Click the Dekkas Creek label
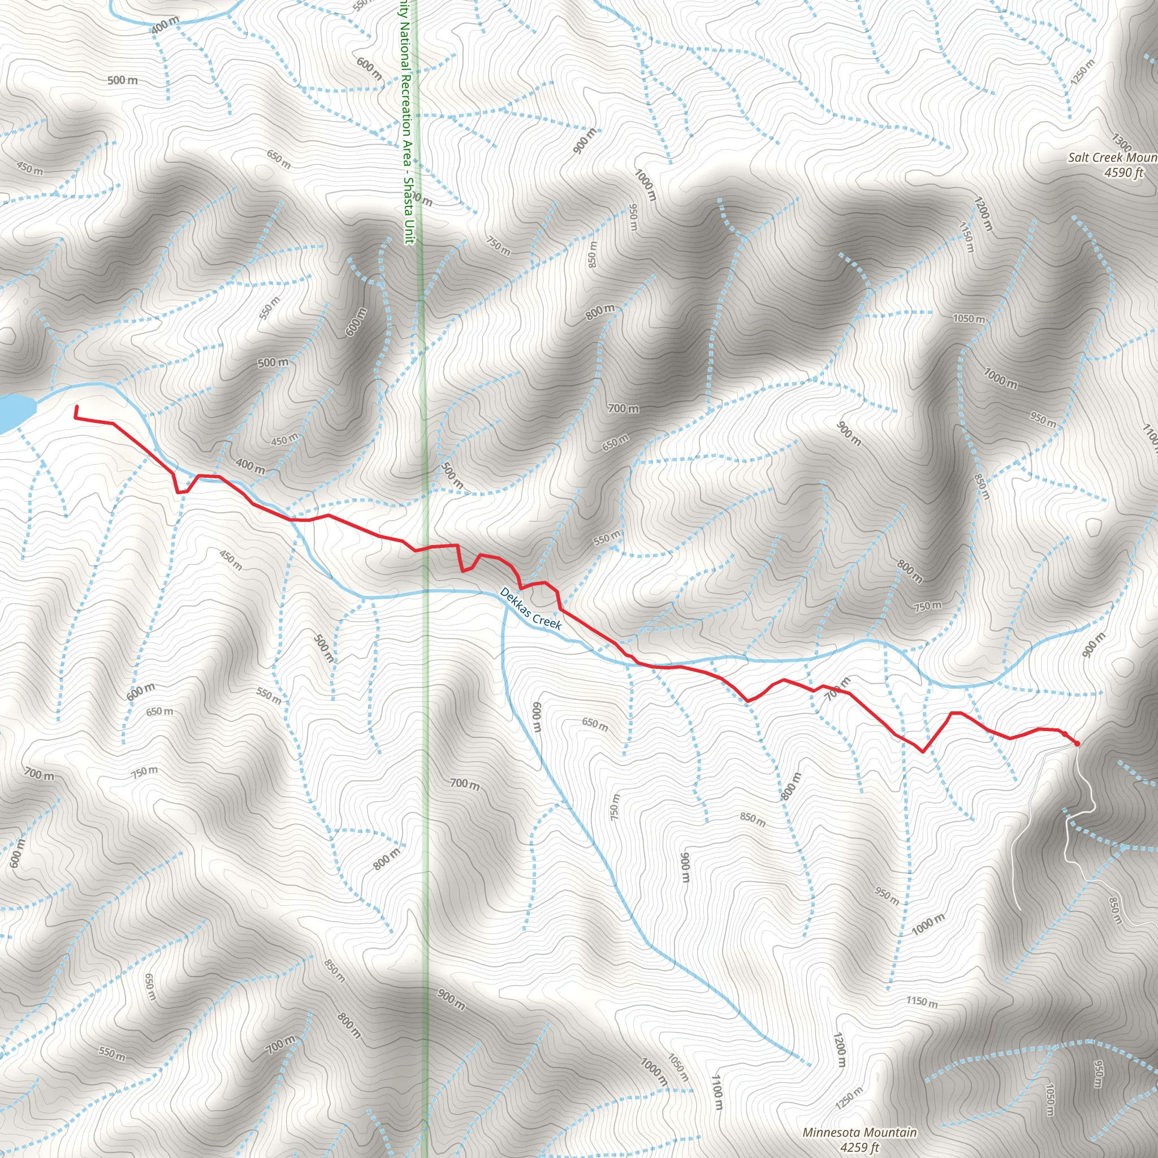(x=530, y=608)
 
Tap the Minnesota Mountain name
(x=859, y=1132)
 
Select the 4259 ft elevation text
(x=859, y=1147)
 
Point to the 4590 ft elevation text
(x=1125, y=172)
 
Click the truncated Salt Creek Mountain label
(x=1112, y=158)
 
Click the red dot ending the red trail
(x=1077, y=744)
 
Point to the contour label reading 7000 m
(x=1000, y=378)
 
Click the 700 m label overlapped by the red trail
(x=837, y=689)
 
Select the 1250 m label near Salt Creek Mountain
(x=1082, y=71)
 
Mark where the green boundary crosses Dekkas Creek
(x=427, y=591)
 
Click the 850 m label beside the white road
(x=1115, y=911)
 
